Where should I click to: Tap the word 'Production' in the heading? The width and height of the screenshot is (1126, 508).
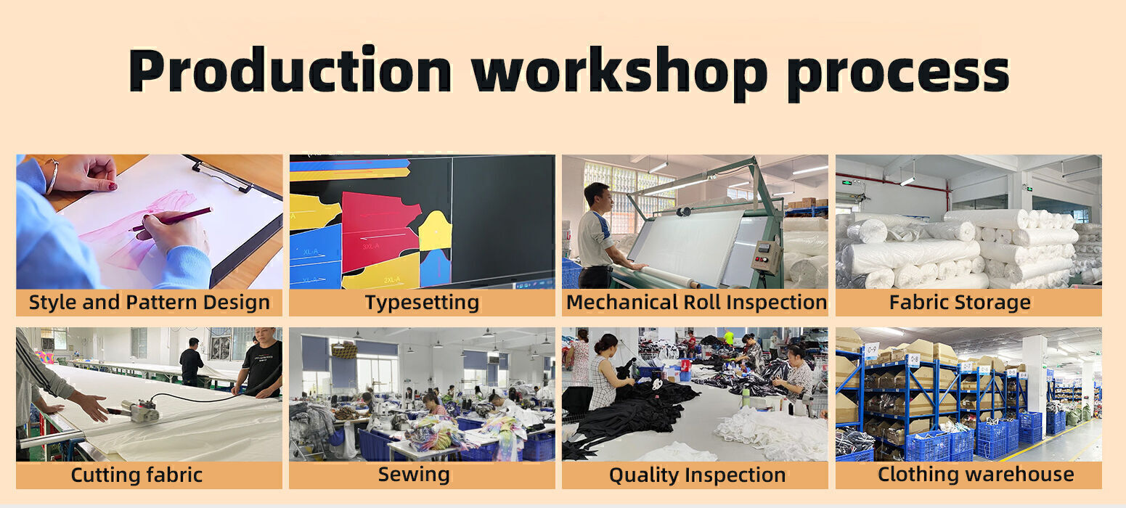(x=290, y=70)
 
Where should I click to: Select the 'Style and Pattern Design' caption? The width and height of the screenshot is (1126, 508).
(x=150, y=303)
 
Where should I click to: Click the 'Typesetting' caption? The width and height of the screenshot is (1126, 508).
(x=423, y=303)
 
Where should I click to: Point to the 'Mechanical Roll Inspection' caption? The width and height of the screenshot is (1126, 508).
(x=696, y=302)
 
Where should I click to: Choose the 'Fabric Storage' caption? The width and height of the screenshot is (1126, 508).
(x=960, y=302)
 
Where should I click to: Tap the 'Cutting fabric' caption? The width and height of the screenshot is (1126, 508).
(x=136, y=475)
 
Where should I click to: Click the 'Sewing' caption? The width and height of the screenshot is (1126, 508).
(x=414, y=475)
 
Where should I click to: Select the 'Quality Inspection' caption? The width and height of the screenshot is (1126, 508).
(x=697, y=475)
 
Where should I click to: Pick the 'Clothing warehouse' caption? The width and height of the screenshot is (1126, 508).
(x=976, y=475)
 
